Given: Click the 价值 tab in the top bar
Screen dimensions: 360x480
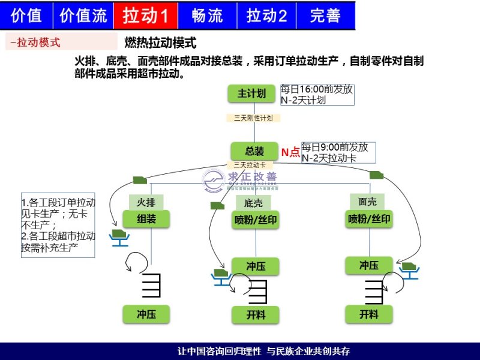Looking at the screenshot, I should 26,16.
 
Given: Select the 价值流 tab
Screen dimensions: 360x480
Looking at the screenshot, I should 83,16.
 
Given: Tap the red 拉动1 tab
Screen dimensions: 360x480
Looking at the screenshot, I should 145,16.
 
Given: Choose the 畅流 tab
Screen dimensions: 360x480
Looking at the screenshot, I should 208,16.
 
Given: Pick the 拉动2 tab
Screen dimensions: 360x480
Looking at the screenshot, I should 266,16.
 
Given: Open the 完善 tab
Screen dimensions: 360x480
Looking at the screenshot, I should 325,16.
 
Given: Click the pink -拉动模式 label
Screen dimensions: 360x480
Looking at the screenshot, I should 60,43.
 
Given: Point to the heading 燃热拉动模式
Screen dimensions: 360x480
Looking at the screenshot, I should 160,43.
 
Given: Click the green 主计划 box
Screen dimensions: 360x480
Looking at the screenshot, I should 251,94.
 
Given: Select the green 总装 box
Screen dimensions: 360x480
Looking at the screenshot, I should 254,151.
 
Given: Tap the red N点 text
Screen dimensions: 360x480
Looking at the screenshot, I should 290,152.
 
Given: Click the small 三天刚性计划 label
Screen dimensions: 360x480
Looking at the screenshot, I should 253,118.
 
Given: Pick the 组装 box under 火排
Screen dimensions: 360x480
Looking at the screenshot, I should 146,219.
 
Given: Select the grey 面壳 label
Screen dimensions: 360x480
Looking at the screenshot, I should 367,202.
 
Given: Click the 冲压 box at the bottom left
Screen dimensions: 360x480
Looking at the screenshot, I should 146,313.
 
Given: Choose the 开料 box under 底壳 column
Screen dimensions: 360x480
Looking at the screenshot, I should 256,314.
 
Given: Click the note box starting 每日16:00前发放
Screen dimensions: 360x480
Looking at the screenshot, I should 316,95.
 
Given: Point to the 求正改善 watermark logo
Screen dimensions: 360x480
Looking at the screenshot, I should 240,179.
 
